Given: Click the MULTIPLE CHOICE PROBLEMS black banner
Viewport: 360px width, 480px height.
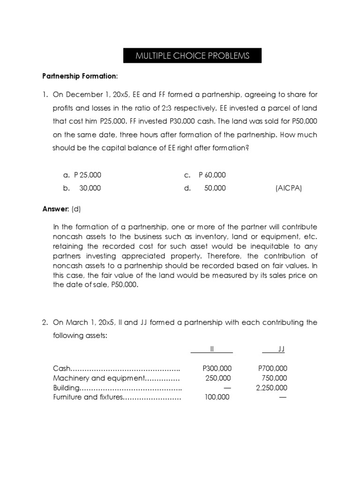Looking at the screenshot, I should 193,56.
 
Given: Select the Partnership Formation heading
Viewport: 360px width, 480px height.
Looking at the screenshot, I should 80,75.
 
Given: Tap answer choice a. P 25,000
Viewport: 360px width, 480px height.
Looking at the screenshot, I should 82,175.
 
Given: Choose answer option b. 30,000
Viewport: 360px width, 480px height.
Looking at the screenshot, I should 82,188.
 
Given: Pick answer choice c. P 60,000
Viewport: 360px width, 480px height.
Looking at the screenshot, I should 205,175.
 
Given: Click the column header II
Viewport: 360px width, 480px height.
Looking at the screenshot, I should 211,349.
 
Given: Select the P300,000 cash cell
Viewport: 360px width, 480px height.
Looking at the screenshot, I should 216,368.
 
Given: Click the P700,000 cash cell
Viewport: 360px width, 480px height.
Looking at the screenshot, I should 273,368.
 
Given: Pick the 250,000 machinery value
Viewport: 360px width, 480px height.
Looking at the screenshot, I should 218,378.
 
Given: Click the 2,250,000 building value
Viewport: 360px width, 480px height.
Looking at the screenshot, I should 272,388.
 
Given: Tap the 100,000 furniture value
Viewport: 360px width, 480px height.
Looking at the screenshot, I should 217,397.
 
